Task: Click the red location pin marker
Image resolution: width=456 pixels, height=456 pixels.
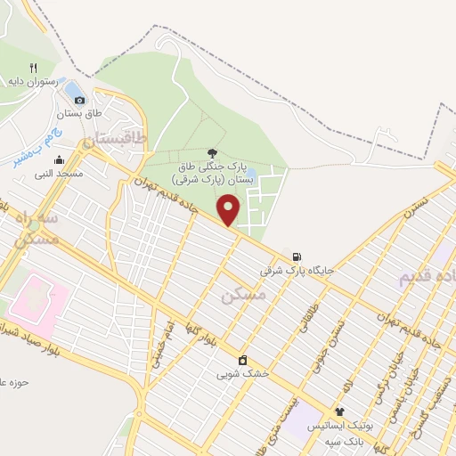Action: (x=230, y=209)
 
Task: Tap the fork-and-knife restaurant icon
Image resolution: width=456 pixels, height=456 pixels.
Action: (x=33, y=67)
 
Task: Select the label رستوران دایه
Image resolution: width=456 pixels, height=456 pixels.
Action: (x=33, y=81)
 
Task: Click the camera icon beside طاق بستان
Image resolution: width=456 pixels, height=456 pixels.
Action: (x=80, y=100)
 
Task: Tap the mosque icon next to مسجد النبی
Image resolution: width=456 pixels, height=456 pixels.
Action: (x=59, y=160)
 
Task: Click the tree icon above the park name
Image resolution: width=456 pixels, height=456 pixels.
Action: (x=212, y=152)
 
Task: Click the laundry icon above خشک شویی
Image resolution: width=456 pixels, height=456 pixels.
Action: (x=241, y=360)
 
